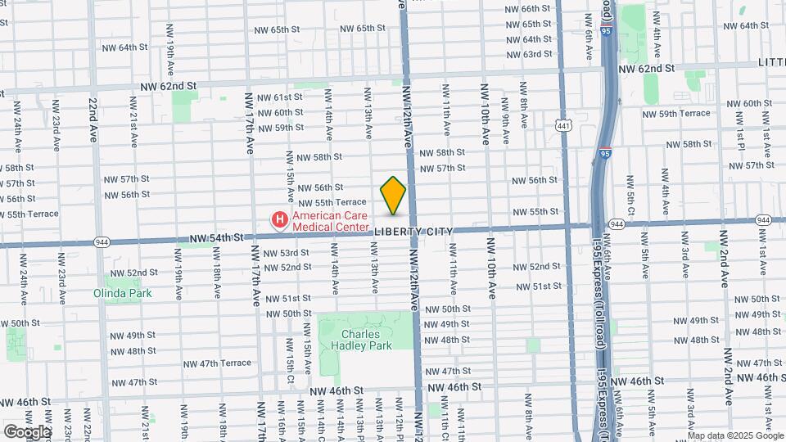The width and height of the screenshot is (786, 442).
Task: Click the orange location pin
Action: click(x=393, y=195)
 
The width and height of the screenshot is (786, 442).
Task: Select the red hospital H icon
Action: click(x=280, y=219)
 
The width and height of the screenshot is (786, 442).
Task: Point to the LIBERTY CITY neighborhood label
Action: click(x=413, y=232)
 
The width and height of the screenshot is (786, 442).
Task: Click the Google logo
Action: click(x=26, y=432)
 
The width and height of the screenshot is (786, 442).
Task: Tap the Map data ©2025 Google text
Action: click(x=735, y=435)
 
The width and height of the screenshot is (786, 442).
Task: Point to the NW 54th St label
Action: click(x=216, y=237)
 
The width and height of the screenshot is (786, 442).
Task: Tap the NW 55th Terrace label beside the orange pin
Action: click(x=332, y=202)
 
